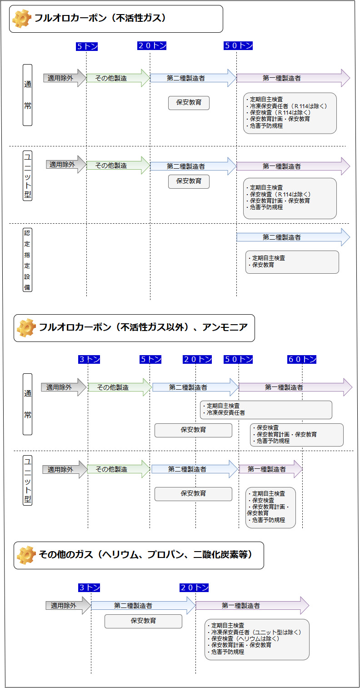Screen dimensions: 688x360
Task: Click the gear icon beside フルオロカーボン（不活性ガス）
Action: pos(22,19)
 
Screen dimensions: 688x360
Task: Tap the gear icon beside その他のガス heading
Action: pos(26,555)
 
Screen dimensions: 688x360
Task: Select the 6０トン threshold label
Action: pos(302,360)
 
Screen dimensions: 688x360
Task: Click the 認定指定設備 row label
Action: pos(28,260)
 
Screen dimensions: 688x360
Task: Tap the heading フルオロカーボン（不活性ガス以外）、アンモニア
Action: pos(143,327)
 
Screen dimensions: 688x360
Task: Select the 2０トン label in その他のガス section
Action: pos(194,588)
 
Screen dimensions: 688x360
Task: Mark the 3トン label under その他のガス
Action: pos(89,588)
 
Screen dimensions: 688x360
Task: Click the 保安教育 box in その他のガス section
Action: pos(143,621)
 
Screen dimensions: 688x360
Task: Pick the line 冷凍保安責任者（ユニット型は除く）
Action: pos(256,632)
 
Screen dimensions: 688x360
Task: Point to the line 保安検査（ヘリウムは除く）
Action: pos(245,638)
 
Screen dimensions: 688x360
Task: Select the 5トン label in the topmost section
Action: pos(87,46)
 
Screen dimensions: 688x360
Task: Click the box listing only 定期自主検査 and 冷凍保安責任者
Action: pos(266,410)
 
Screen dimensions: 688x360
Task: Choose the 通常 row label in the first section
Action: pos(28,95)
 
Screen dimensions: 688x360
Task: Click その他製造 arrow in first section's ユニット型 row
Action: pos(117,166)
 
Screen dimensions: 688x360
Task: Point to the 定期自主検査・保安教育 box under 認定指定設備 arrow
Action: pos(292,262)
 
